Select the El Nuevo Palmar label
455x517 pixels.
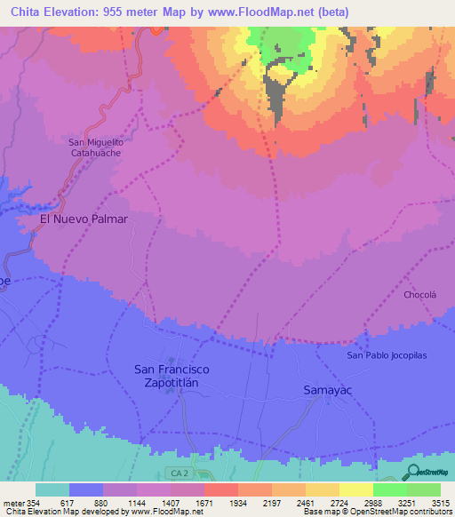(84, 219)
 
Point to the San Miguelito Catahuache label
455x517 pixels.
(95, 147)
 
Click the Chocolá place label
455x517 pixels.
(420, 294)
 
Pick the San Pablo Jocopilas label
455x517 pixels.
(387, 355)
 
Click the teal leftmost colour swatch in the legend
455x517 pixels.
(52, 489)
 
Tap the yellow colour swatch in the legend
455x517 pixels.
(355, 489)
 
